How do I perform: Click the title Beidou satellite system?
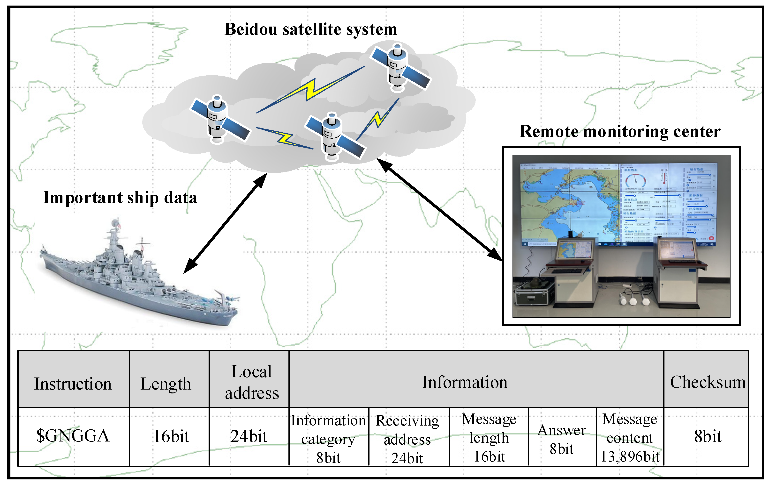[x=311, y=29]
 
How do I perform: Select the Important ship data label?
[x=120, y=197]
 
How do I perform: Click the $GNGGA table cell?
[x=73, y=436]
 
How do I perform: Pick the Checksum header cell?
[x=707, y=382]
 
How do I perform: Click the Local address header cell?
[x=252, y=382]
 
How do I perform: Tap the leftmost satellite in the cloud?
[x=219, y=120]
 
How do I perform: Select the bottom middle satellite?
[x=334, y=137]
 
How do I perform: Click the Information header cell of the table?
[x=465, y=382]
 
